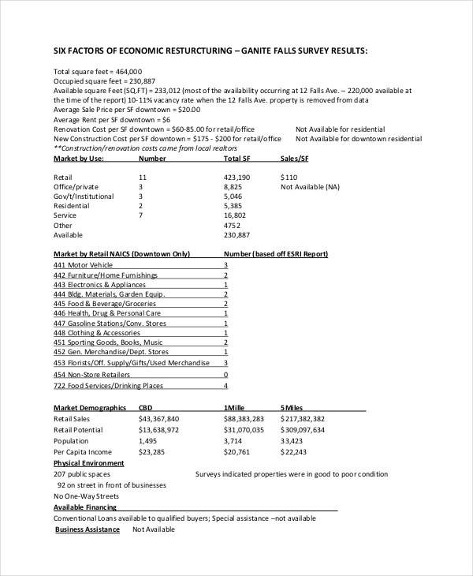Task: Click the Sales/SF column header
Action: (x=295, y=159)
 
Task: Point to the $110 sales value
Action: (x=289, y=178)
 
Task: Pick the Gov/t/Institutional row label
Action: (x=84, y=196)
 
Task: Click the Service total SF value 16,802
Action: (x=235, y=215)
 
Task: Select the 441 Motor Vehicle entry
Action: (x=83, y=265)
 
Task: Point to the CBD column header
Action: (x=146, y=408)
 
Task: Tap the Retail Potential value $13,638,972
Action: (x=158, y=430)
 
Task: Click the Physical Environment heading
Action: (x=88, y=463)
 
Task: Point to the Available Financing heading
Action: (x=84, y=507)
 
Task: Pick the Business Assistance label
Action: (x=87, y=529)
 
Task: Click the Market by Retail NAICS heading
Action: (x=121, y=254)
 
